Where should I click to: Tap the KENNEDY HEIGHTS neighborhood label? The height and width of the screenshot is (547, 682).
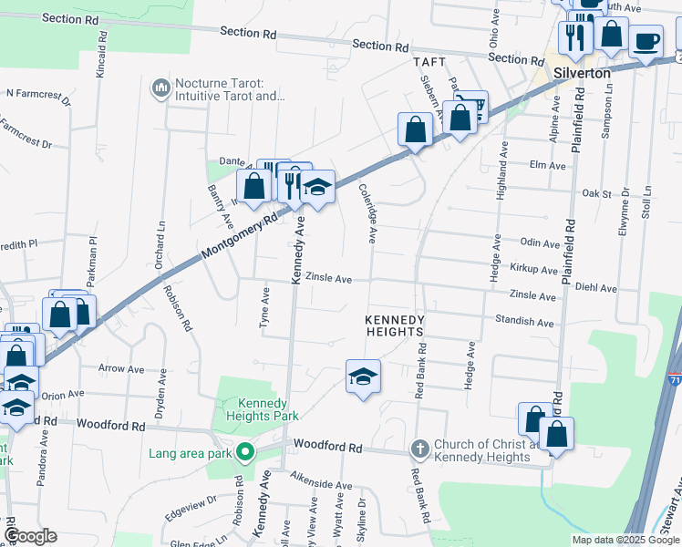click(x=396, y=326)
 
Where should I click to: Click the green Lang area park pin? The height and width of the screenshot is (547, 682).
click(x=244, y=451)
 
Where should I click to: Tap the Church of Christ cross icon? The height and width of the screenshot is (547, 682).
click(x=419, y=448)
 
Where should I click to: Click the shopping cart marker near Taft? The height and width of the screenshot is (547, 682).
click(x=471, y=106)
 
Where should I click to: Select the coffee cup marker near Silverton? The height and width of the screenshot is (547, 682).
click(x=646, y=41)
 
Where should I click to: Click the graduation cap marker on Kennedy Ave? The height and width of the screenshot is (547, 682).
click(x=316, y=187)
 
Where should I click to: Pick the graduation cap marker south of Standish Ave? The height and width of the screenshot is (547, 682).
click(x=363, y=376)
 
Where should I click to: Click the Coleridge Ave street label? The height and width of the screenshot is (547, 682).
click(x=367, y=212)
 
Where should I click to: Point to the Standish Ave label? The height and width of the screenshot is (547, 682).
click(x=524, y=322)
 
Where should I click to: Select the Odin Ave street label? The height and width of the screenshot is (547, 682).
click(x=539, y=243)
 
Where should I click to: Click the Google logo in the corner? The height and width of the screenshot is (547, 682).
click(x=29, y=536)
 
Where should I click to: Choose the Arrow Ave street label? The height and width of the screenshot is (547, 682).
click(x=122, y=369)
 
